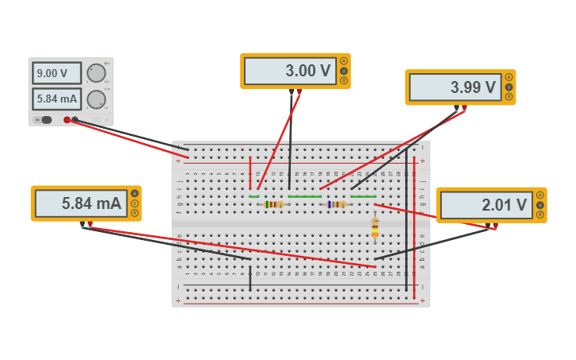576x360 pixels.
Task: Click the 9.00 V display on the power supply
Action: pos(56,73)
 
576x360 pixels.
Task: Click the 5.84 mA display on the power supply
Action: pos(56,99)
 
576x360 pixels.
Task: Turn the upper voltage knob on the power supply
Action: pos(96,73)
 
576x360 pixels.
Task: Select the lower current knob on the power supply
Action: pos(96,99)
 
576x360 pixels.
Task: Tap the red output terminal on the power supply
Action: pos(68,120)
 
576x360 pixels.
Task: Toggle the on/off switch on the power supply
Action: pos(45,120)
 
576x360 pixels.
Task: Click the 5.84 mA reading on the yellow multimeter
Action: pos(79,203)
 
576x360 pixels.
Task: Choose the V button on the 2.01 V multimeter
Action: pos(540,205)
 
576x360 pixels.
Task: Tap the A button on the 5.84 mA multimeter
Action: pos(135,193)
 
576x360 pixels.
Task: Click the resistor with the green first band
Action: pos(273,204)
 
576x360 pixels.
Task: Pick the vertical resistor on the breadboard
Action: pos(375,228)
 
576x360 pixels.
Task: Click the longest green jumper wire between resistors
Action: pos(304,196)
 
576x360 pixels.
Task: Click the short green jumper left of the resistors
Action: pos(253,196)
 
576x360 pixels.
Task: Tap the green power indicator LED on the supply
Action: pos(106,63)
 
